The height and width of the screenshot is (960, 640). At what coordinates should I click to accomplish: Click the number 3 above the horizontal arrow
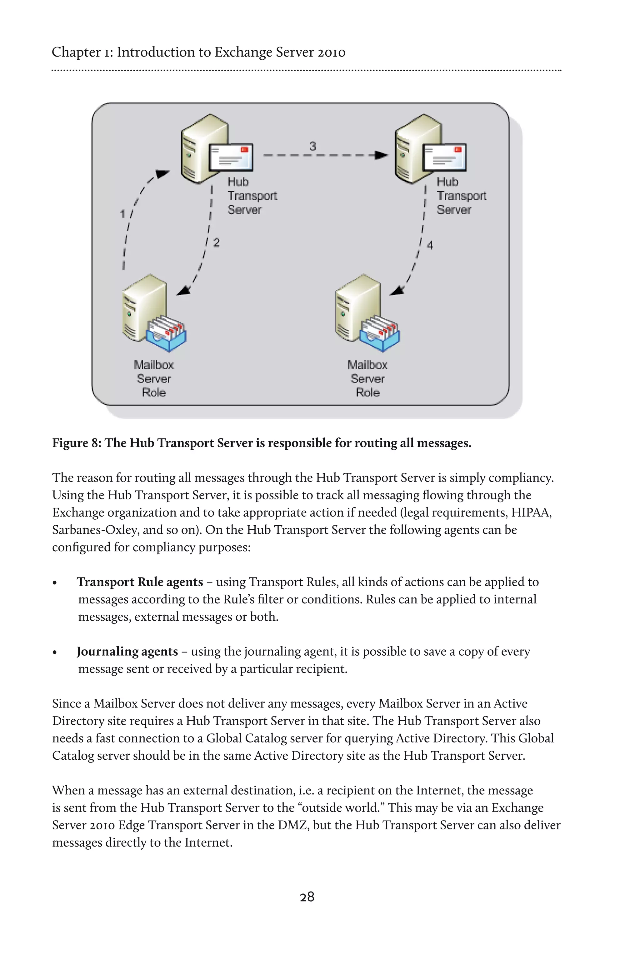(x=312, y=146)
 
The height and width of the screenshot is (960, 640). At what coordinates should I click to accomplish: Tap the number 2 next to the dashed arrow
(x=216, y=242)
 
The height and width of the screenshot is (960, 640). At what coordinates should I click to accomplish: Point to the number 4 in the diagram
(x=430, y=245)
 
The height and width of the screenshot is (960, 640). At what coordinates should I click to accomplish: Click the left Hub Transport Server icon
(x=204, y=149)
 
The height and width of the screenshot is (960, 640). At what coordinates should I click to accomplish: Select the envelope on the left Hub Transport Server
(x=231, y=157)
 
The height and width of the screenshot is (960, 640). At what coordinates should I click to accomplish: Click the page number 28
(x=307, y=897)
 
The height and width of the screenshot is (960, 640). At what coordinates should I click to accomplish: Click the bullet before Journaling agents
(x=55, y=652)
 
